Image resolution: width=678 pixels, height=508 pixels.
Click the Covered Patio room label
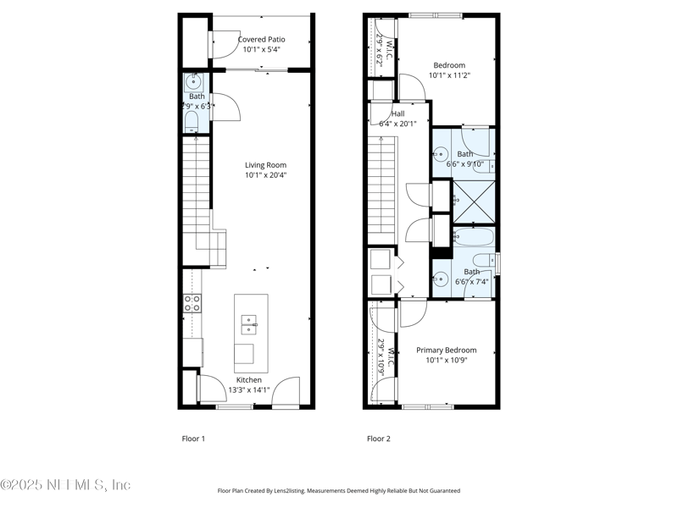pos(261,39)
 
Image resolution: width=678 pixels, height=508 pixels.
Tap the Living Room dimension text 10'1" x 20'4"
pos(265,176)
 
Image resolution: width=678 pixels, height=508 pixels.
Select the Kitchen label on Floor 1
pos(249,380)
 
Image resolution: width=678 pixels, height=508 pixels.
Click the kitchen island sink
pos(250,321)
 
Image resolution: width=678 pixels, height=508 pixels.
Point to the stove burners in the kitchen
pos(192,303)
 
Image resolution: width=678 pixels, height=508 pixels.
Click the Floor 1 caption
pos(194,439)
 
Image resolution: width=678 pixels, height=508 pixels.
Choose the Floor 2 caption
pos(379,439)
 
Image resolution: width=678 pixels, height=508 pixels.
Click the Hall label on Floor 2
pos(398,113)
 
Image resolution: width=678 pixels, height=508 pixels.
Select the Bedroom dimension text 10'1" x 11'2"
pos(449,75)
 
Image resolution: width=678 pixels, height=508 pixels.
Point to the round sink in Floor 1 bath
pos(193,83)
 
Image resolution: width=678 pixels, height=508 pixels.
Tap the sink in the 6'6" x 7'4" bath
pos(441,277)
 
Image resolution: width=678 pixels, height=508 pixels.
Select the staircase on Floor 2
pos(382,182)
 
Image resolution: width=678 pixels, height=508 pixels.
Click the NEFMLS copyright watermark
pos(65,485)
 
